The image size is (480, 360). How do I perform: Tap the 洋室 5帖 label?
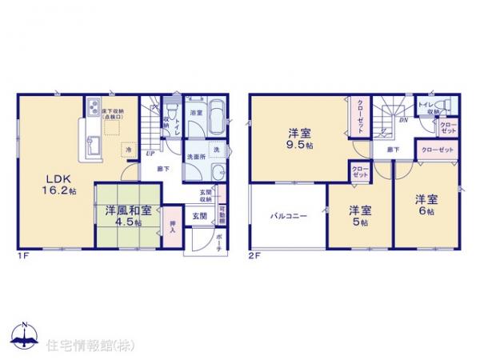359,215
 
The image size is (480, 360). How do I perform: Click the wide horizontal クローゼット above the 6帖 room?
437,150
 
